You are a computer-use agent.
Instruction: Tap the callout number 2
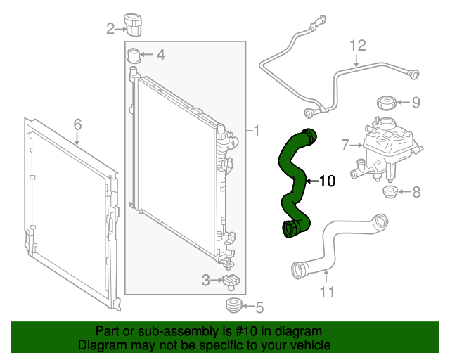point(110,29)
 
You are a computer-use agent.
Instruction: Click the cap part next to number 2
point(134,22)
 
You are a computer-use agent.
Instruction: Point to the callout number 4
point(161,54)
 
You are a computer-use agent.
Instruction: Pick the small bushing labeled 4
point(135,55)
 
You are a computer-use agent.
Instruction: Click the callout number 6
point(77,124)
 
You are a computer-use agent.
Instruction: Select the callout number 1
point(257,131)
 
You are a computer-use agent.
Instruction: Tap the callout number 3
point(205,281)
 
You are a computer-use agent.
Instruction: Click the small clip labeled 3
point(231,281)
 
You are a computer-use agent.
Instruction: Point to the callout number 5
point(259,307)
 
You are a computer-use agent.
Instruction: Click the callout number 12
point(358,46)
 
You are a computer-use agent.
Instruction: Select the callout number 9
point(416,103)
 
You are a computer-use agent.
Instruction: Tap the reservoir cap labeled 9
point(387,103)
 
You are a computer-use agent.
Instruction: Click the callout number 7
point(345,146)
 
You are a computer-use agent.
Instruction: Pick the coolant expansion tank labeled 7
point(387,148)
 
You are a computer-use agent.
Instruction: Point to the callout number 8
point(416,191)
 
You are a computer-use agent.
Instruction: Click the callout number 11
point(327,290)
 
